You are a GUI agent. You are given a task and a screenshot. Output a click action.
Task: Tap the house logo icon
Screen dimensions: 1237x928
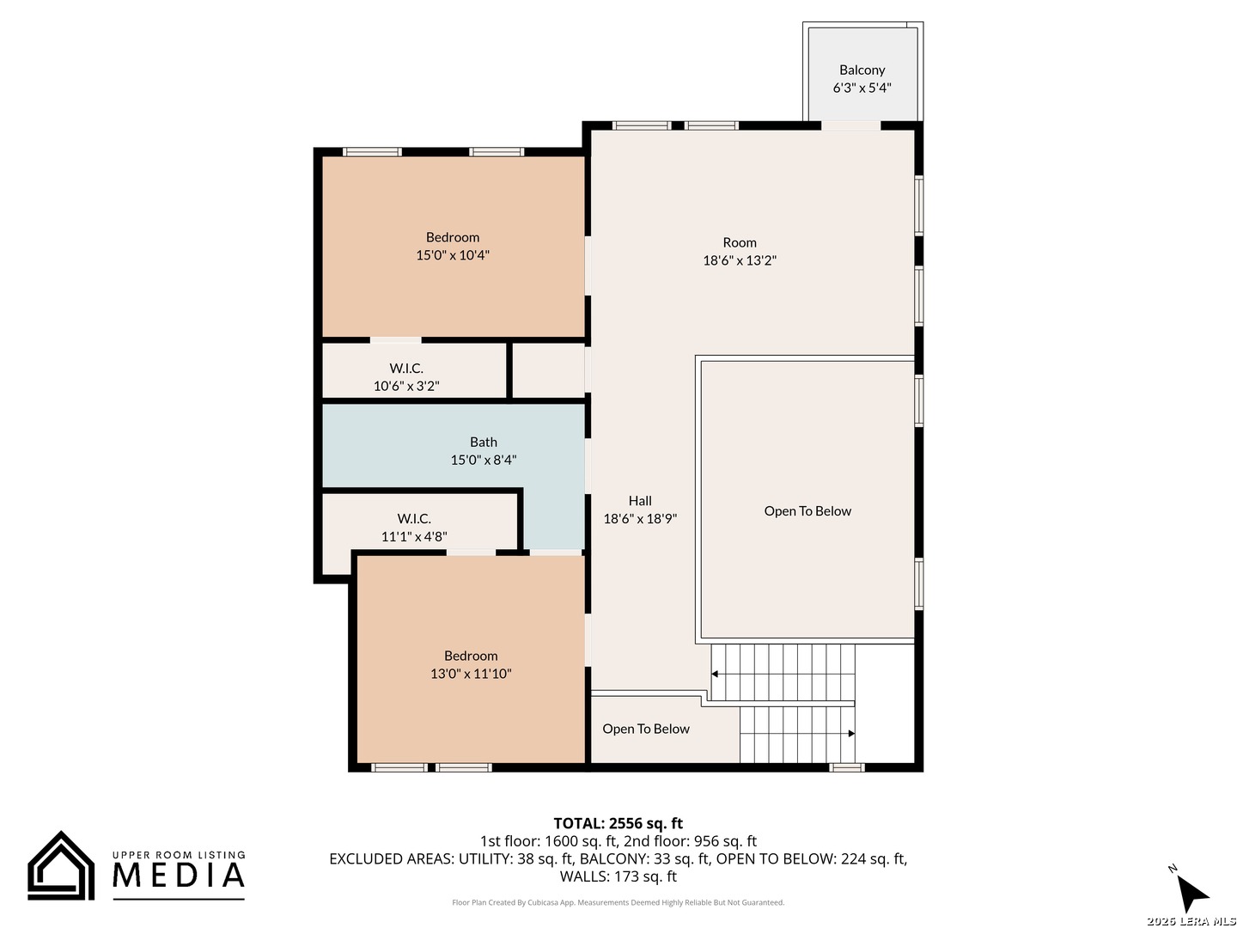(61, 865)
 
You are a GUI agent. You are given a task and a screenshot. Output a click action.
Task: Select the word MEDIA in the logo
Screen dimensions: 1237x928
(179, 875)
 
